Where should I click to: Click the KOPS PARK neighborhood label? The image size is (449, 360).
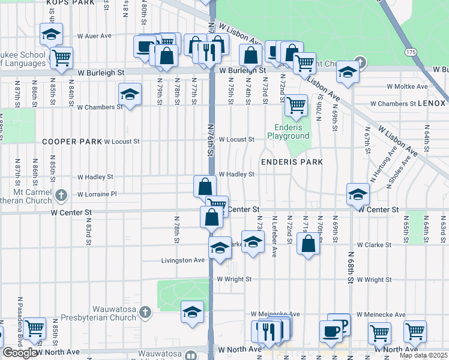tap(71, 3)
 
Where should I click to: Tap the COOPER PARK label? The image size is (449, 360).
tap(71, 142)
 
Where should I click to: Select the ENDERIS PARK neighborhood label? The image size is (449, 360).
tap(292, 162)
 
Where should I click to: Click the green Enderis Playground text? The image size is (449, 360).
tap(292, 131)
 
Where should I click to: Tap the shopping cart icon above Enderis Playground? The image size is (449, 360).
tap(295, 105)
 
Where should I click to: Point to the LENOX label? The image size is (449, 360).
tap(433, 104)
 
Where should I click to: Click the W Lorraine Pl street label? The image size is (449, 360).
tap(97, 194)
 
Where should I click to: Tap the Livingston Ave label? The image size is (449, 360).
tap(183, 260)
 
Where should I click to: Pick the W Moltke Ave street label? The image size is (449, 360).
tap(406, 87)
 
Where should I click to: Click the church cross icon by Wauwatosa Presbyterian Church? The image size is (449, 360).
tap(144, 311)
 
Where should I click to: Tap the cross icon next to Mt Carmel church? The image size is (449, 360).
tap(61, 194)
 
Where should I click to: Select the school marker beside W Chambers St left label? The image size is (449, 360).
tap(130, 95)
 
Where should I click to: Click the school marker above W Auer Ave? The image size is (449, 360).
tap(52, 34)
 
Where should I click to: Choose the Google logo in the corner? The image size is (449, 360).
tap(21, 353)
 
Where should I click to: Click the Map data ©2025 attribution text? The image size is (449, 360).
tap(423, 355)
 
